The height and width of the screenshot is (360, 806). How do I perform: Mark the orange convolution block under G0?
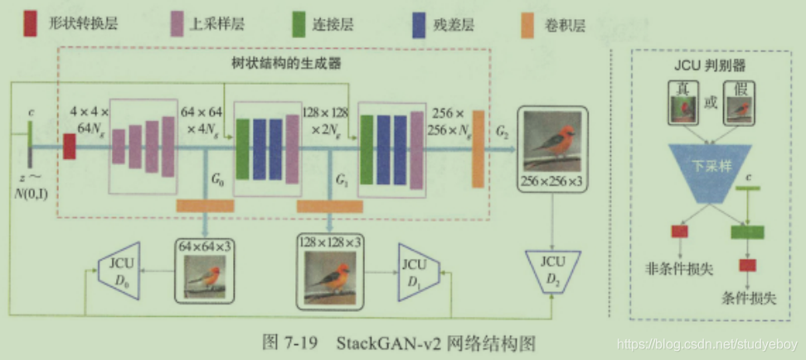205,205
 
